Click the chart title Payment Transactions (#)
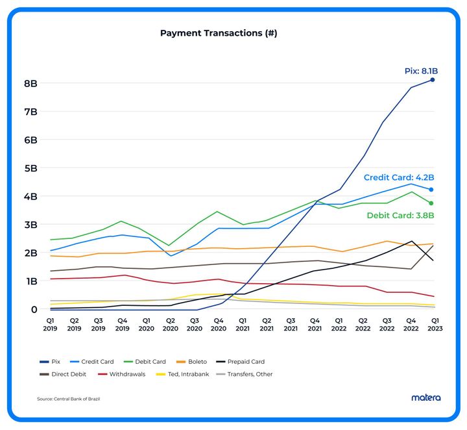pos(219,32)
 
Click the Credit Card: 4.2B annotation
pos(398,177)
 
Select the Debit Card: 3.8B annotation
pos(400,215)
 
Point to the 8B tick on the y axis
pos(30,84)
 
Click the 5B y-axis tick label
pos(30,168)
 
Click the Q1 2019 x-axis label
pos(50,325)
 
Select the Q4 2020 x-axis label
pos(219,325)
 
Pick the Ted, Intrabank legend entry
pos(184,374)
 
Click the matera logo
pos(425,398)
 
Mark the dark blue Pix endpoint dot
pos(433,80)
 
